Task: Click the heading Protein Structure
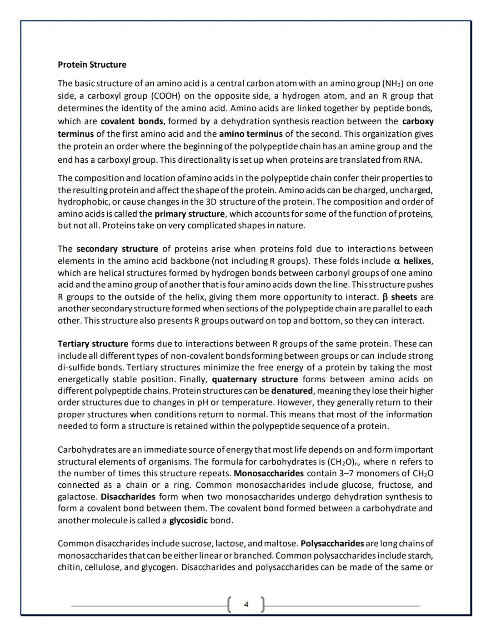[x=92, y=65]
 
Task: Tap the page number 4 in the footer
[x=246, y=604]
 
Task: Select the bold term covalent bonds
[x=131, y=121]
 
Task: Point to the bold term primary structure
[x=190, y=214]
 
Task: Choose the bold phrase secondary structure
[x=117, y=249]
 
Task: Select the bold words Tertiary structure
[x=93, y=344]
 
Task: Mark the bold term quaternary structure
[x=255, y=379]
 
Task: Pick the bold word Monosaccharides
[x=269, y=473]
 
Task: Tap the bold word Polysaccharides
[x=332, y=544]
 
